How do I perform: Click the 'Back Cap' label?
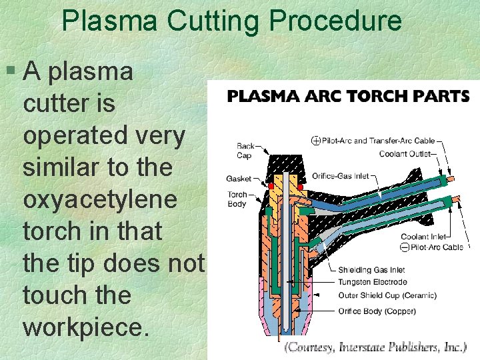pyautogui.click(x=246, y=151)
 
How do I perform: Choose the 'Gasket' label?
pyautogui.click(x=239, y=178)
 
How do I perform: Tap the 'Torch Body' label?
pyautogui.click(x=237, y=199)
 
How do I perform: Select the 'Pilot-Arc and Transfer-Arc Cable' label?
pyautogui.click(x=378, y=141)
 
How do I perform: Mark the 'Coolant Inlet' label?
pyautogui.click(x=423, y=237)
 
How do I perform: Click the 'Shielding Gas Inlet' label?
pyautogui.click(x=371, y=270)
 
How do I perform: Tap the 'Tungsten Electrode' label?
pyautogui.click(x=372, y=282)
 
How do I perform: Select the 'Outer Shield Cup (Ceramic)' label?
pyautogui.click(x=387, y=295)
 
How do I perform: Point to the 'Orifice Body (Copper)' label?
pyautogui.click(x=377, y=311)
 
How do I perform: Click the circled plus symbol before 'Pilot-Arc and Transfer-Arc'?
pyautogui.click(x=315, y=141)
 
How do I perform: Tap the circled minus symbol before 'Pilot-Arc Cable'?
pyautogui.click(x=405, y=248)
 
